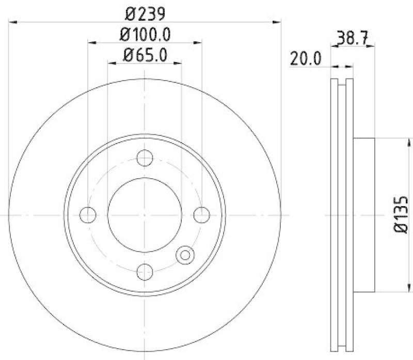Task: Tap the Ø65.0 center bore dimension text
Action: pyautogui.click(x=145, y=55)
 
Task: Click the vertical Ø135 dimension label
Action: pyautogui.click(x=401, y=214)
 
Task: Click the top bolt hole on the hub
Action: pyautogui.click(x=145, y=157)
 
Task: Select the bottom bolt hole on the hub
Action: pyautogui.click(x=145, y=271)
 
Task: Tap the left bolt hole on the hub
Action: pyautogui.click(x=88, y=214)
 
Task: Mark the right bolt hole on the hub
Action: pyautogui.click(x=201, y=214)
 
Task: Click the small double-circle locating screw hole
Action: pyautogui.click(x=184, y=254)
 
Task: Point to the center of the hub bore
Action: pyautogui.click(x=145, y=214)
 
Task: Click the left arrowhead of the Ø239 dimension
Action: pyautogui.click(x=14, y=22)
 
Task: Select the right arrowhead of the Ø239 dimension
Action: pyautogui.click(x=278, y=22)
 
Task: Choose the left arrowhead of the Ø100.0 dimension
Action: pyautogui.click(x=91, y=43)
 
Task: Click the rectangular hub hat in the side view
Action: pyautogui.click(x=363, y=214)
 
